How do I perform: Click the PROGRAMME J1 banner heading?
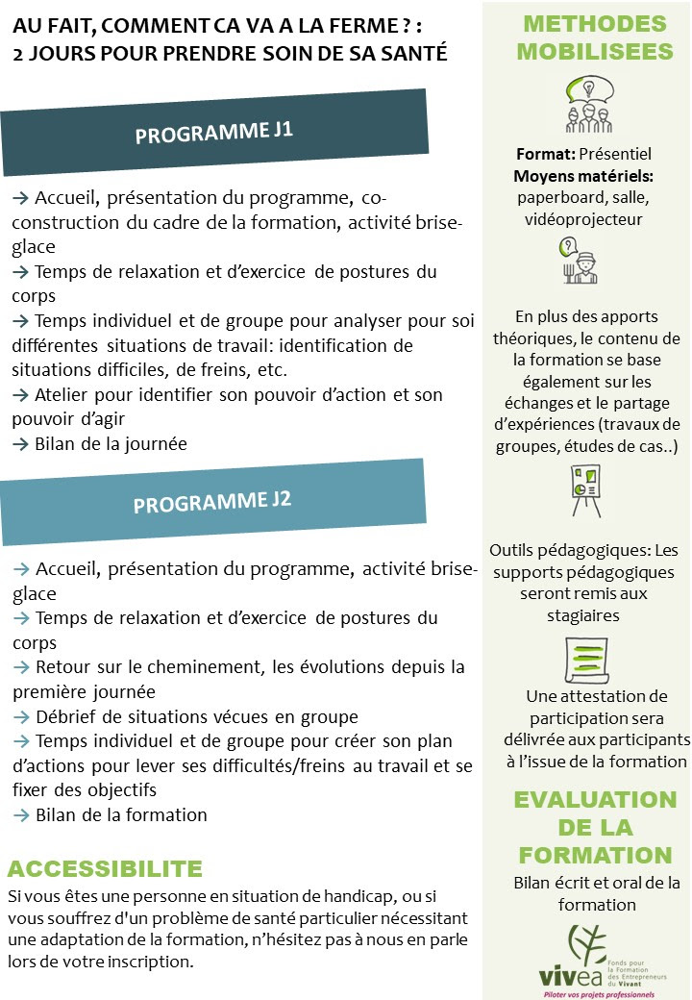(213, 132)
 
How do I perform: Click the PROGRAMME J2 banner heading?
(212, 502)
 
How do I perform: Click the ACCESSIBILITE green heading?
(105, 869)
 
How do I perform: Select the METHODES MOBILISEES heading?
(595, 37)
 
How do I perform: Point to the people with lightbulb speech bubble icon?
(586, 105)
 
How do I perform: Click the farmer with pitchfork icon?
(579, 261)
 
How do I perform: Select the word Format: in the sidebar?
(546, 154)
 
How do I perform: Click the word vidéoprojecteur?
(583, 219)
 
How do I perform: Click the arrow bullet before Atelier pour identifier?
(20, 394)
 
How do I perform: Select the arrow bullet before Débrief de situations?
(20, 717)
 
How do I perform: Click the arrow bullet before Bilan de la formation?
(20, 815)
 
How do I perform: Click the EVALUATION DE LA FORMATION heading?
(594, 827)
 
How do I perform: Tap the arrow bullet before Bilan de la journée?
(20, 444)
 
